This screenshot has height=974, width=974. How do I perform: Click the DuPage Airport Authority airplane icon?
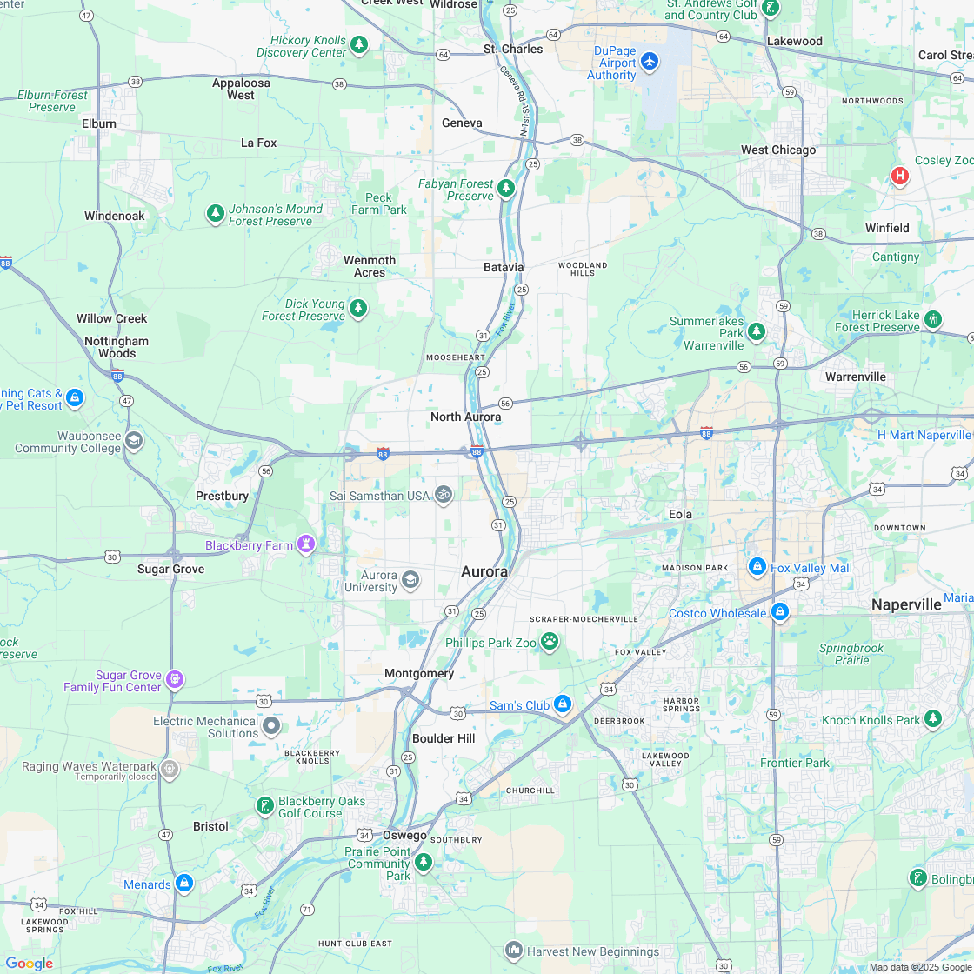(650, 62)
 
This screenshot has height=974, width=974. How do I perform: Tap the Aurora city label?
(484, 571)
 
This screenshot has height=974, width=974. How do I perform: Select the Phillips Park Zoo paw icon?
(550, 642)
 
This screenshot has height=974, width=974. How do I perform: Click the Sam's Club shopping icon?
(563, 704)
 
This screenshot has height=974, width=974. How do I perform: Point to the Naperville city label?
(906, 604)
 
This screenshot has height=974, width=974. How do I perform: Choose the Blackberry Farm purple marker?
(305, 544)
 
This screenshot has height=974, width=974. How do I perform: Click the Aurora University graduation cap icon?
(410, 579)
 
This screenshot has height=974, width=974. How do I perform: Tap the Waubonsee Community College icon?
(134, 440)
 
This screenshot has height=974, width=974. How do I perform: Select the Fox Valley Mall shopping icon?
(757, 567)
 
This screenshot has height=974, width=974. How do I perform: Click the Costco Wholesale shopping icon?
(779, 612)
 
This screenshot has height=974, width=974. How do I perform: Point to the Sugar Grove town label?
(171, 569)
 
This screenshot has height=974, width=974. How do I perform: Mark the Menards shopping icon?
(184, 884)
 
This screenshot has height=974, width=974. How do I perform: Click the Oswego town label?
(405, 835)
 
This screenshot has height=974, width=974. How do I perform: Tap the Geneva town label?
(462, 123)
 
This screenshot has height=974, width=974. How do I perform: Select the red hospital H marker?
(899, 176)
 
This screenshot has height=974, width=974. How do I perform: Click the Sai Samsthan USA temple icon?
(444, 495)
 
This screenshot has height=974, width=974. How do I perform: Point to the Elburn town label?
(99, 123)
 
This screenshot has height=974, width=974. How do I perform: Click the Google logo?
(30, 963)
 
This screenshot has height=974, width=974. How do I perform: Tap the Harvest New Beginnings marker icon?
(513, 950)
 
